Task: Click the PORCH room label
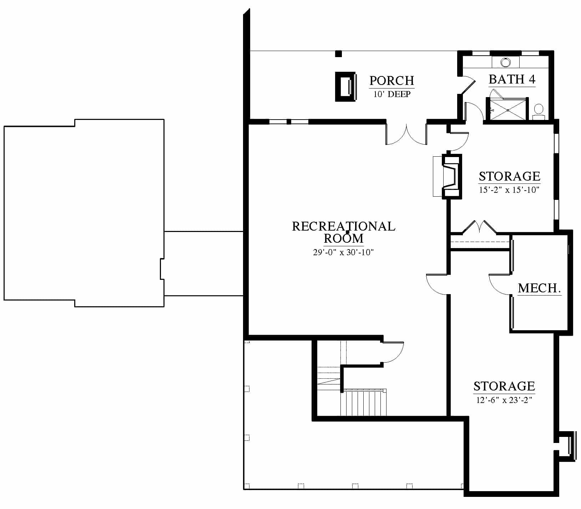[x=391, y=81]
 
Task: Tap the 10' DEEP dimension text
[x=392, y=94]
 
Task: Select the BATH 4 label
[x=512, y=79]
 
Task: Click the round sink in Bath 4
[x=506, y=62]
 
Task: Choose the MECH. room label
[x=539, y=288]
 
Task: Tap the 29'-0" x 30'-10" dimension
[x=343, y=252]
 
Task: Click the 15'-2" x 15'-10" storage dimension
[x=509, y=190]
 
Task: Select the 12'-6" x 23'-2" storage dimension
[x=504, y=400]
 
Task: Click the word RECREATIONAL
[x=344, y=226]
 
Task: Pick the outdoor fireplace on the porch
[x=345, y=87]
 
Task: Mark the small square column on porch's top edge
[x=338, y=54]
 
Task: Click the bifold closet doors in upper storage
[x=479, y=227]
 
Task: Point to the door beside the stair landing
[x=393, y=352]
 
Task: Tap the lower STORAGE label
[x=504, y=386]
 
